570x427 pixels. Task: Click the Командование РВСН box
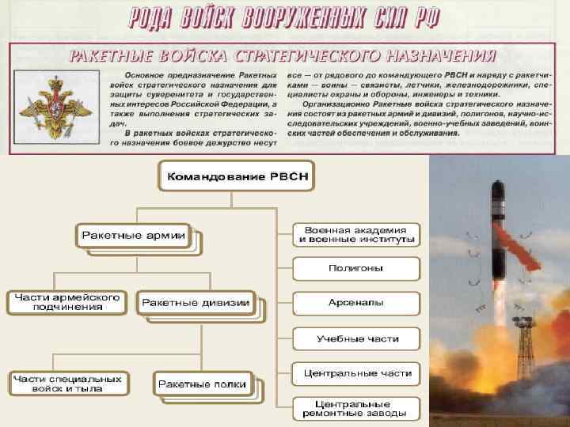(236, 176)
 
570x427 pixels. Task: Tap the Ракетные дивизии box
(195, 302)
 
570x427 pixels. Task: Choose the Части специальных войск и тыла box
(67, 384)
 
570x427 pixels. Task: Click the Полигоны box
(355, 268)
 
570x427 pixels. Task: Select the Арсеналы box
(355, 303)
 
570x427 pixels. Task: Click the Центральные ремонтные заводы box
(355, 408)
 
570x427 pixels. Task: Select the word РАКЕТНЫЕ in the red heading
(107, 56)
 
